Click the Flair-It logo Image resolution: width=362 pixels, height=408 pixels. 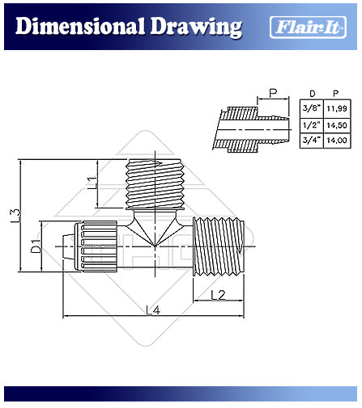coord(308,27)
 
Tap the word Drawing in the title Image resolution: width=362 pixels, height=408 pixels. coord(196,28)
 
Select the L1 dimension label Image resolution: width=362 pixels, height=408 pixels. coord(92,183)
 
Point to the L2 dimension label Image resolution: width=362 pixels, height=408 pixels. coord(218,295)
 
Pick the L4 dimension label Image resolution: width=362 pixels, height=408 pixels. coord(153,310)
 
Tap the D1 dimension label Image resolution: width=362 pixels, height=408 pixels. coord(36,246)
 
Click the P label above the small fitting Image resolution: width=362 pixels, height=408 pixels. coord(273,93)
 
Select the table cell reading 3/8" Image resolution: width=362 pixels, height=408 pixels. coord(312,108)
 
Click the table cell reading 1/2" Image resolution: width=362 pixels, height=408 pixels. coord(312,125)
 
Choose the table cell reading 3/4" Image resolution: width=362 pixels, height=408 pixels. coord(312,141)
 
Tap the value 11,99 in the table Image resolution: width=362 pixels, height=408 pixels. coord(337,108)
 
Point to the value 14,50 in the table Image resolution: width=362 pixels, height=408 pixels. coord(337,125)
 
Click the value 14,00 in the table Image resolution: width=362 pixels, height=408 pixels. coord(337,141)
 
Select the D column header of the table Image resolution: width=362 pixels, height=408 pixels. coord(313,94)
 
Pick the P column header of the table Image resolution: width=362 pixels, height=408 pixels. coord(335,94)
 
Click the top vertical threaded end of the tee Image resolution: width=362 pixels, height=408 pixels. coord(155,184)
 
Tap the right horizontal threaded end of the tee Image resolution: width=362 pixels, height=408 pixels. coord(219,246)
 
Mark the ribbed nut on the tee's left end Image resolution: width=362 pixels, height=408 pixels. coord(96,246)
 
